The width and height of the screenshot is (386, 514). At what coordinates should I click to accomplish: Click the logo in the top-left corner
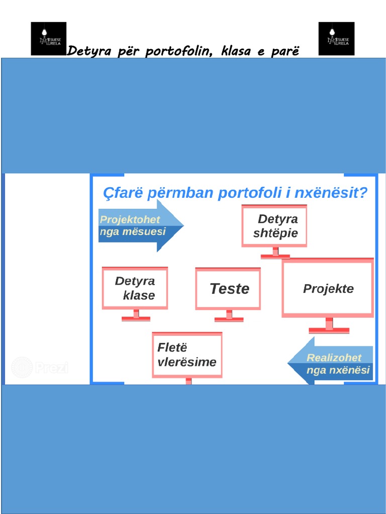click(48, 38)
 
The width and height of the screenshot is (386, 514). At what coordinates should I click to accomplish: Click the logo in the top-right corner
click(336, 38)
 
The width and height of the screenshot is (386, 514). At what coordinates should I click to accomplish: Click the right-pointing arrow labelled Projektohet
click(140, 225)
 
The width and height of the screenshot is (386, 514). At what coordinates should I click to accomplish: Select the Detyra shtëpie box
click(274, 226)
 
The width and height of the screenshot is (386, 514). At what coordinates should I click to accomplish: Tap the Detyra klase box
click(135, 288)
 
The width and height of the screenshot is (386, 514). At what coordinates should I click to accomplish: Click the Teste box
click(228, 289)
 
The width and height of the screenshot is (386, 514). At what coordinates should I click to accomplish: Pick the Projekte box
click(328, 289)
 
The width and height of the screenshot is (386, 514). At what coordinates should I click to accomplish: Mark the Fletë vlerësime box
click(187, 354)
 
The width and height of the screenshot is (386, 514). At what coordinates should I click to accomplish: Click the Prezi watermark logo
click(40, 367)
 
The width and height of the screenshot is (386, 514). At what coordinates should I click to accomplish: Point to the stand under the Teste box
click(229, 316)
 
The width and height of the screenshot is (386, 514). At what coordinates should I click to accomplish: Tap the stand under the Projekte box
click(329, 326)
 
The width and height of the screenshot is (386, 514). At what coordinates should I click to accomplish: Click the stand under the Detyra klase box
click(136, 316)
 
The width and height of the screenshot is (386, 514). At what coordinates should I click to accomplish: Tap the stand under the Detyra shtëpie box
click(275, 253)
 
